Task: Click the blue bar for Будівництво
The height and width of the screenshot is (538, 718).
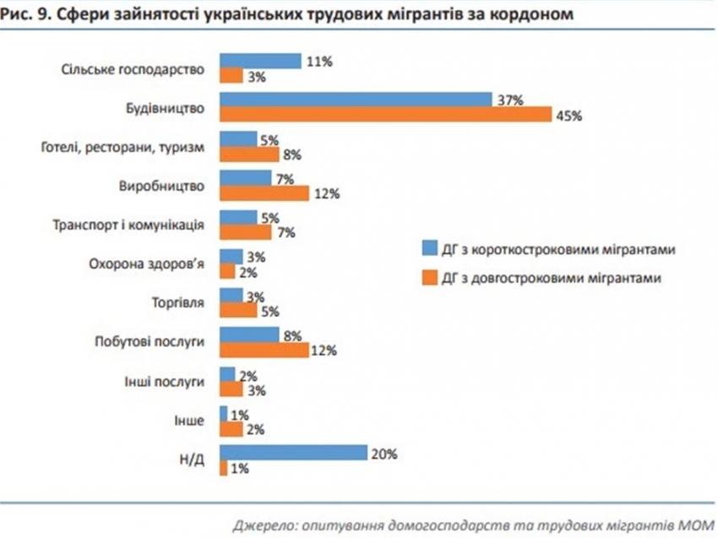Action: (356, 100)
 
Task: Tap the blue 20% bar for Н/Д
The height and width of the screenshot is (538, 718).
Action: (293, 453)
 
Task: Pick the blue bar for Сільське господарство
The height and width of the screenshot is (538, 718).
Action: (260, 62)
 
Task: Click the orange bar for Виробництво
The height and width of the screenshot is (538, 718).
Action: (264, 193)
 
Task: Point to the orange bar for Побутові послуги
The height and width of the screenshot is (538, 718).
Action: (264, 350)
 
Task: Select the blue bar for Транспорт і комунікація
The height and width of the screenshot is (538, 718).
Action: (238, 216)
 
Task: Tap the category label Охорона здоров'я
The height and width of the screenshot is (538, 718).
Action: (147, 263)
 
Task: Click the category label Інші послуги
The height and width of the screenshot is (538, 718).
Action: (169, 381)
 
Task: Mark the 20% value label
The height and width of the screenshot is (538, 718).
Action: (383, 453)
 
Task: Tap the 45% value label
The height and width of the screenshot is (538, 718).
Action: (568, 117)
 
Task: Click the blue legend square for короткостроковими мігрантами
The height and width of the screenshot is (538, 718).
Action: (429, 249)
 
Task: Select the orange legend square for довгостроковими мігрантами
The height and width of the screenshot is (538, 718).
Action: (429, 275)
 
